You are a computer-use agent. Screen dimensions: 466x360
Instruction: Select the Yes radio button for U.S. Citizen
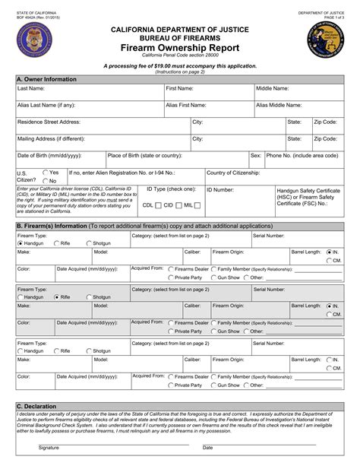pyautogui.click(x=46, y=173)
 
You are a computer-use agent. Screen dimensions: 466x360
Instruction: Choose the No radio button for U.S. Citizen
pyautogui.click(x=46, y=181)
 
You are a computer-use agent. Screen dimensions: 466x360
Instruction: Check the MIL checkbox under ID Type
pyautogui.click(x=198, y=204)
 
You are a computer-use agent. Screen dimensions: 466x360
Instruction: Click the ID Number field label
pyautogui.click(x=220, y=189)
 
